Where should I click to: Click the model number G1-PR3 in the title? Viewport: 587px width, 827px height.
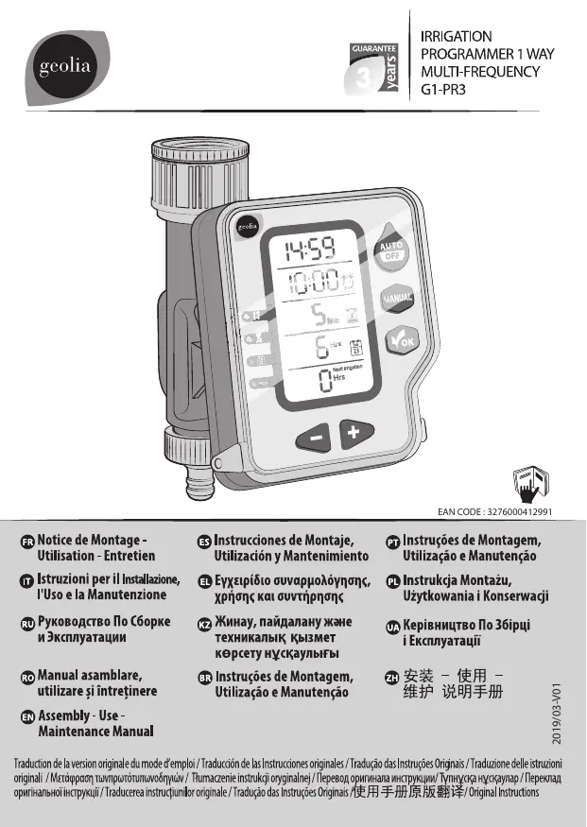[444, 91]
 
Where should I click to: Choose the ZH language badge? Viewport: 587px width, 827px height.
[392, 677]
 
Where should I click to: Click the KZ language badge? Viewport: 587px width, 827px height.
[203, 623]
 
